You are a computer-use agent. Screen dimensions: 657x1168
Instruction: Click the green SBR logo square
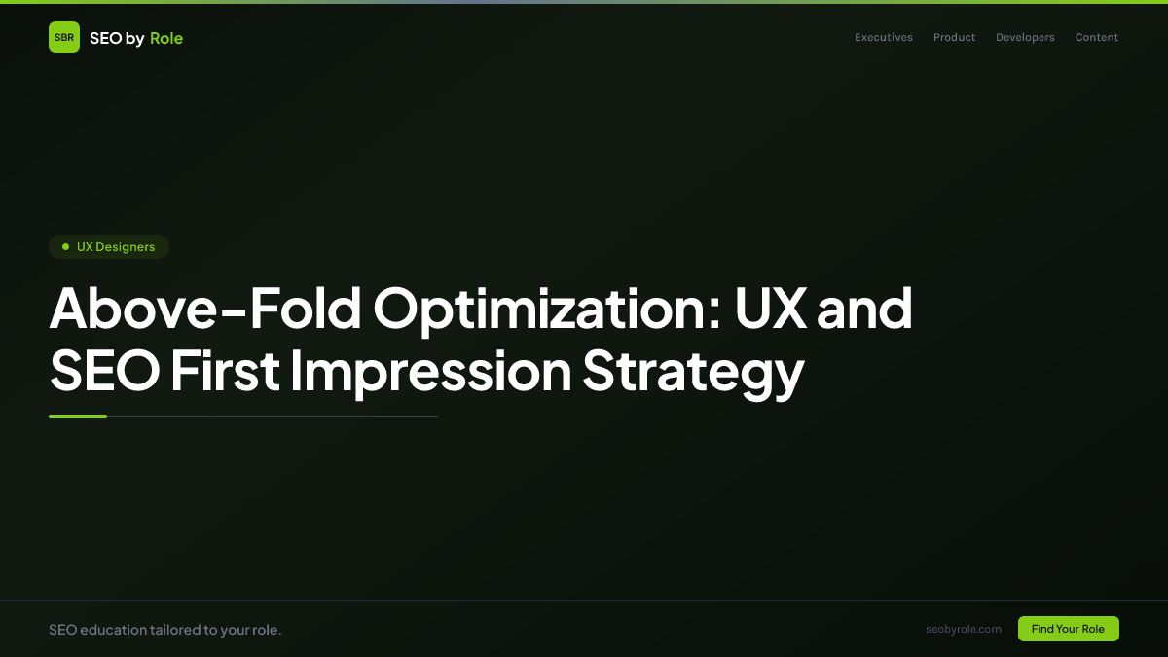pos(64,37)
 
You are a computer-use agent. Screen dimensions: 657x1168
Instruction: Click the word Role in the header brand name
pos(166,38)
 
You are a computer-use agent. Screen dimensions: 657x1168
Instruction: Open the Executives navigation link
pos(884,38)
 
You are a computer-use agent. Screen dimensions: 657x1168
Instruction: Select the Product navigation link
pos(954,38)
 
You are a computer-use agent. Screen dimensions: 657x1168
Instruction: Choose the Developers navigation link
pos(1025,38)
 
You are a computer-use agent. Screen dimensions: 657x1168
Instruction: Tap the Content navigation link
pos(1097,38)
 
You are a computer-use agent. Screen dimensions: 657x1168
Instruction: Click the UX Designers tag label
pos(116,247)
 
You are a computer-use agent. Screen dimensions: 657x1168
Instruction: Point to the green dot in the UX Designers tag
pos(65,247)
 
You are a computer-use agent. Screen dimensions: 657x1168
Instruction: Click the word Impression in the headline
pos(430,372)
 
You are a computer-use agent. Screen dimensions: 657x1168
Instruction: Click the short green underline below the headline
pos(78,416)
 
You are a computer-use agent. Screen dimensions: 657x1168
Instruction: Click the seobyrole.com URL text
pos(964,629)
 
